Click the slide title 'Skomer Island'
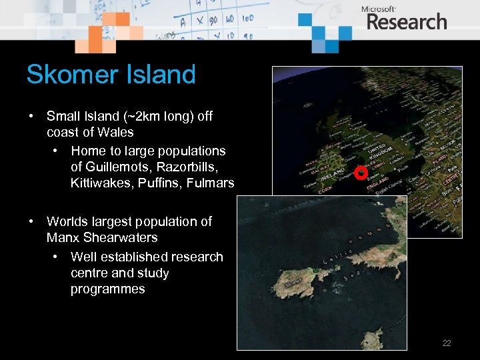tap(111, 75)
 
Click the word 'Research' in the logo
tap(406, 22)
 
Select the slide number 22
tap(447, 343)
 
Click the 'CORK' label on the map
tap(325, 189)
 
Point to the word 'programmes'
tap(107, 289)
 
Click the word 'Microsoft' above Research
tap(379, 9)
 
